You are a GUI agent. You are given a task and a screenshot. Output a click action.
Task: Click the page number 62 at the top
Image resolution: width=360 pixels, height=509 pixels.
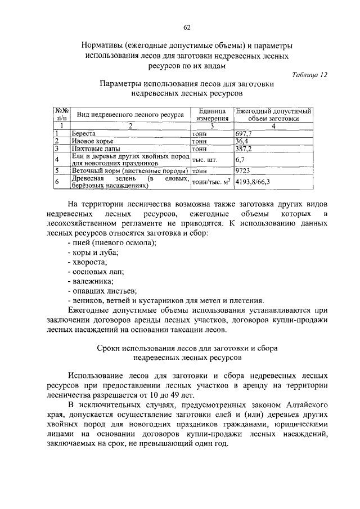pos(187,27)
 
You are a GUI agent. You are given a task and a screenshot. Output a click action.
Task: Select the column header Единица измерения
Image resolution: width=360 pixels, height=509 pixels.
pos(212,114)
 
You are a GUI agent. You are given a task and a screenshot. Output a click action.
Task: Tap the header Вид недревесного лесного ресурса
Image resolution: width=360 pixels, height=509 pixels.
pos(130,114)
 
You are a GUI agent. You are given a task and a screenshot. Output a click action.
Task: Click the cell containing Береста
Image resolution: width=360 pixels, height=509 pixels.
pos(83,133)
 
